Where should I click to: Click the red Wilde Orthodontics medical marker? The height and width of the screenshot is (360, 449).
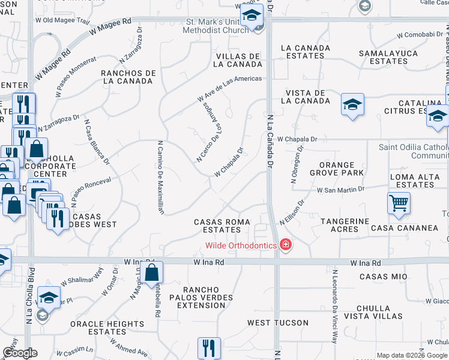click(x=286, y=245)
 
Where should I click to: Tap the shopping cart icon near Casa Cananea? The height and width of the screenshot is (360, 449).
click(x=398, y=204)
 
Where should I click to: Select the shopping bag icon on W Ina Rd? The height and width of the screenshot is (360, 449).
click(x=152, y=272)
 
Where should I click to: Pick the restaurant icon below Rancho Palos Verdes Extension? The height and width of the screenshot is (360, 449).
click(x=209, y=347)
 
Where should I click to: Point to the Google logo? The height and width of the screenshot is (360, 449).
click(x=20, y=353)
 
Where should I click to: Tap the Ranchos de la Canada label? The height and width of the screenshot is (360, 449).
click(x=128, y=77)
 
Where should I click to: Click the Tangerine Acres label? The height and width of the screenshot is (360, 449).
click(x=345, y=225)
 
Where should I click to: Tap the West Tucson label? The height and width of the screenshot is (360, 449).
click(x=270, y=323)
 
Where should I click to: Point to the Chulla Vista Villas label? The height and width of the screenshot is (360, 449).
click(x=383, y=312)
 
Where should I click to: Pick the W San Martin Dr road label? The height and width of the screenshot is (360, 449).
click(x=341, y=190)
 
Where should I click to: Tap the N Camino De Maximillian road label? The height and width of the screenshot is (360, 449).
click(x=160, y=177)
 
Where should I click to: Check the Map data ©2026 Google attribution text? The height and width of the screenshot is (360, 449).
click(x=412, y=355)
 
